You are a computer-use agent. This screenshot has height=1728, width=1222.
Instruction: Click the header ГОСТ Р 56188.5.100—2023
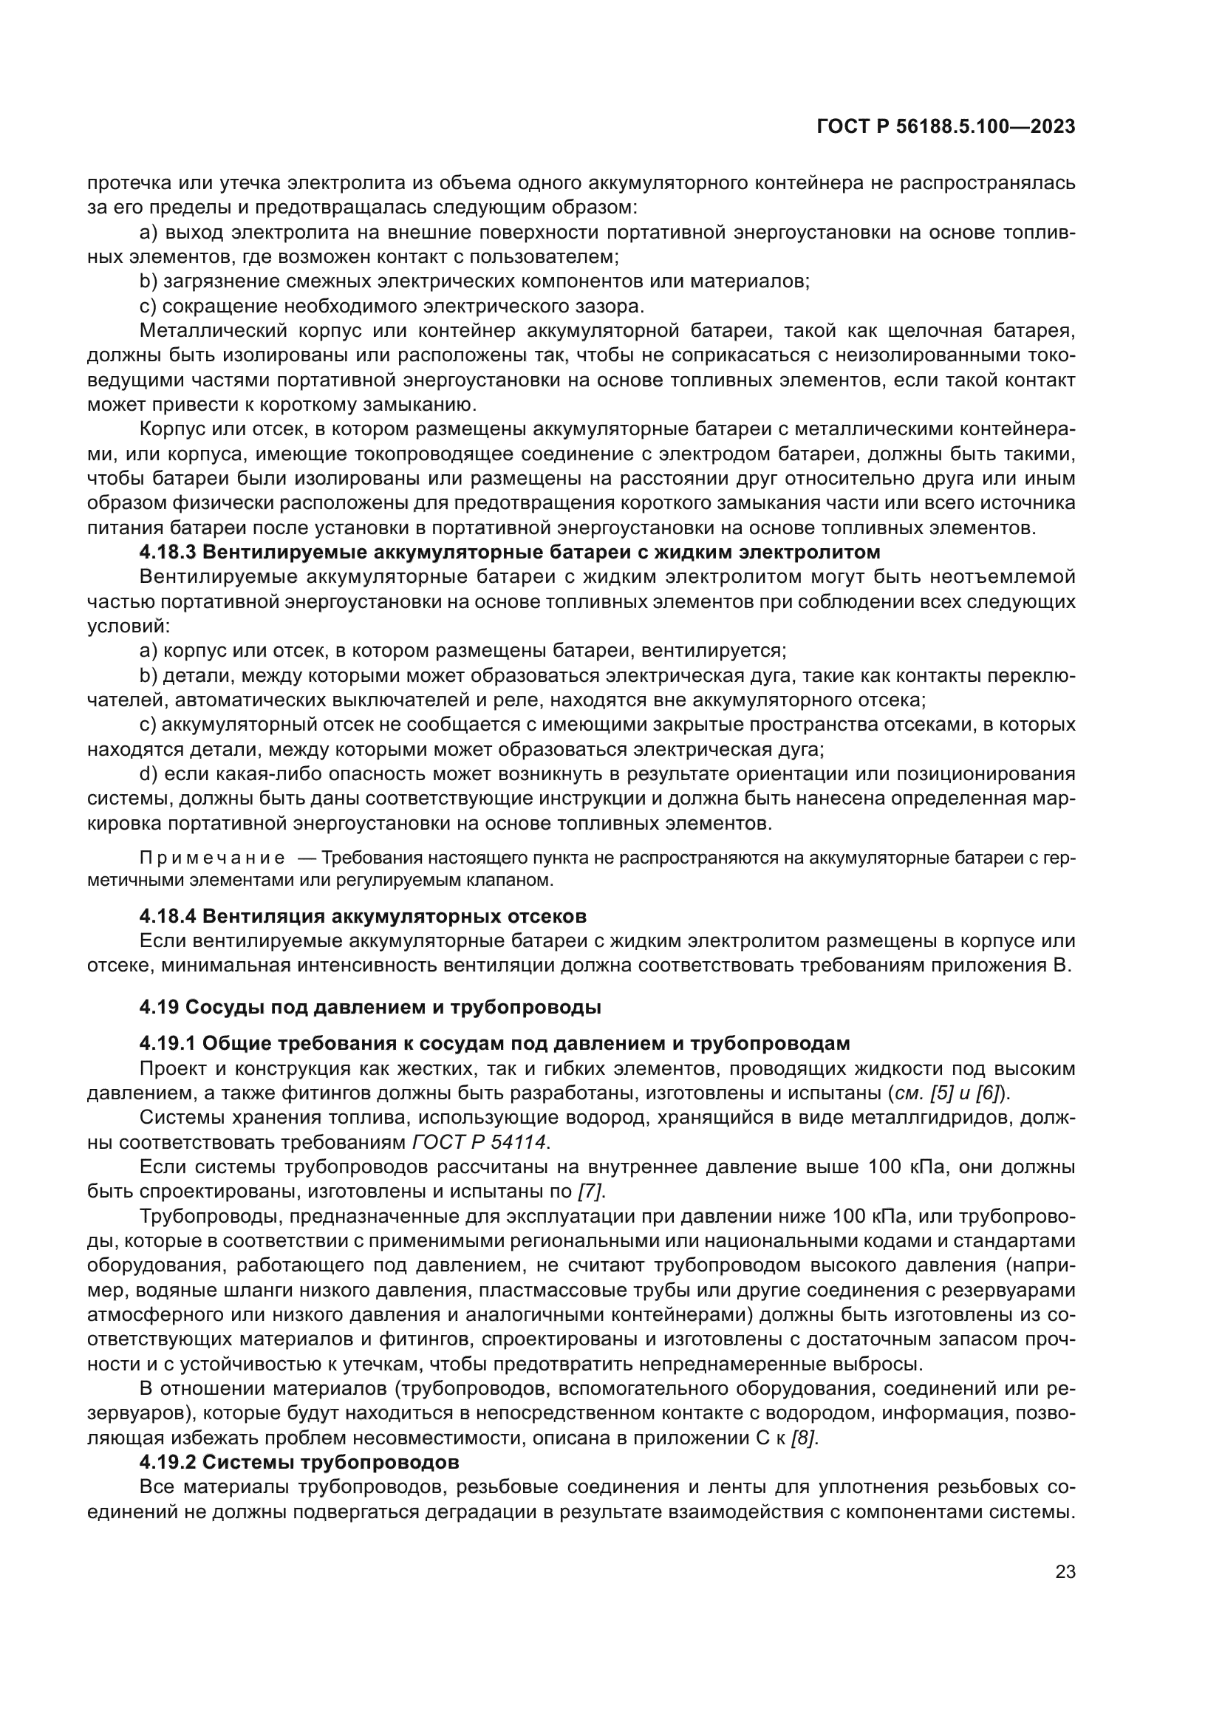pyautogui.click(x=946, y=127)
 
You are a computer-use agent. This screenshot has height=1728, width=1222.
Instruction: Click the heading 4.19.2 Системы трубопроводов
pyautogui.click(x=298, y=1462)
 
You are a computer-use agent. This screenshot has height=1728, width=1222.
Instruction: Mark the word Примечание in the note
pyautogui.click(x=212, y=858)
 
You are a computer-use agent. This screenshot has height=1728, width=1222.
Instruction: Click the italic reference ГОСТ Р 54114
pyautogui.click(x=479, y=1141)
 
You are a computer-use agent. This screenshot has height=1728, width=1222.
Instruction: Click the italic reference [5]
pyautogui.click(x=943, y=1093)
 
